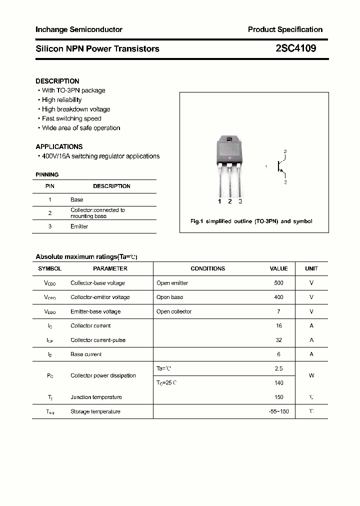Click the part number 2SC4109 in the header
click(295, 48)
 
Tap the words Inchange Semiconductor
click(79, 29)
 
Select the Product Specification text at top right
click(285, 29)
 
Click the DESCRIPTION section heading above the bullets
click(57, 81)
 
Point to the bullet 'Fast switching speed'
click(71, 118)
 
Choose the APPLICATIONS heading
click(59, 146)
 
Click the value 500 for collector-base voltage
click(278, 283)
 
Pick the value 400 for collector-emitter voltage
click(278, 297)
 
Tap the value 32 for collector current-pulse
click(278, 340)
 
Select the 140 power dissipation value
click(278, 383)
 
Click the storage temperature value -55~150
click(278, 411)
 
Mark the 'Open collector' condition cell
click(174, 311)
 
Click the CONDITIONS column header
click(208, 268)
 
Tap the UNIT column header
click(311, 268)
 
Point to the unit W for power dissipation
click(311, 375)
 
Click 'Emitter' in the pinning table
click(79, 226)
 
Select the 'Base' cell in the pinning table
click(76, 199)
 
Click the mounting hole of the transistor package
click(229, 140)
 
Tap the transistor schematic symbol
click(280, 167)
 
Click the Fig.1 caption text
click(251, 221)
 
